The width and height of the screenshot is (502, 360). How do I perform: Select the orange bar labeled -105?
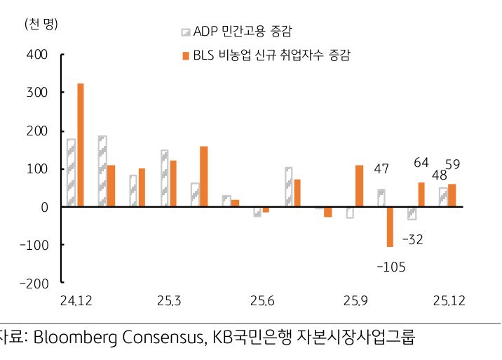[390, 227]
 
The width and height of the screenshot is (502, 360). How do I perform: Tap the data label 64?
[421, 163]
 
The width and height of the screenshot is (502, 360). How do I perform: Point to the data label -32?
[413, 239]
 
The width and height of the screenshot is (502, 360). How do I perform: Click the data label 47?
[381, 169]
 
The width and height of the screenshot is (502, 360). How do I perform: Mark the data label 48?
[440, 175]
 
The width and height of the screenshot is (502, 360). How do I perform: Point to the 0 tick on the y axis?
[43, 207]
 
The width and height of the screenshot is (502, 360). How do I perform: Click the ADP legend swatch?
[186, 32]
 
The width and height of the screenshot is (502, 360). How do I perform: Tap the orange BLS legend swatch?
[186, 55]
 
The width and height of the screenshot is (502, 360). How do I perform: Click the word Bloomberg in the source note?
[68, 338]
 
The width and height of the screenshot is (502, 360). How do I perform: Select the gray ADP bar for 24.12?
[71, 173]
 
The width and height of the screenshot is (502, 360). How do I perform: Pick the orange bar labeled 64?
[421, 194]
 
